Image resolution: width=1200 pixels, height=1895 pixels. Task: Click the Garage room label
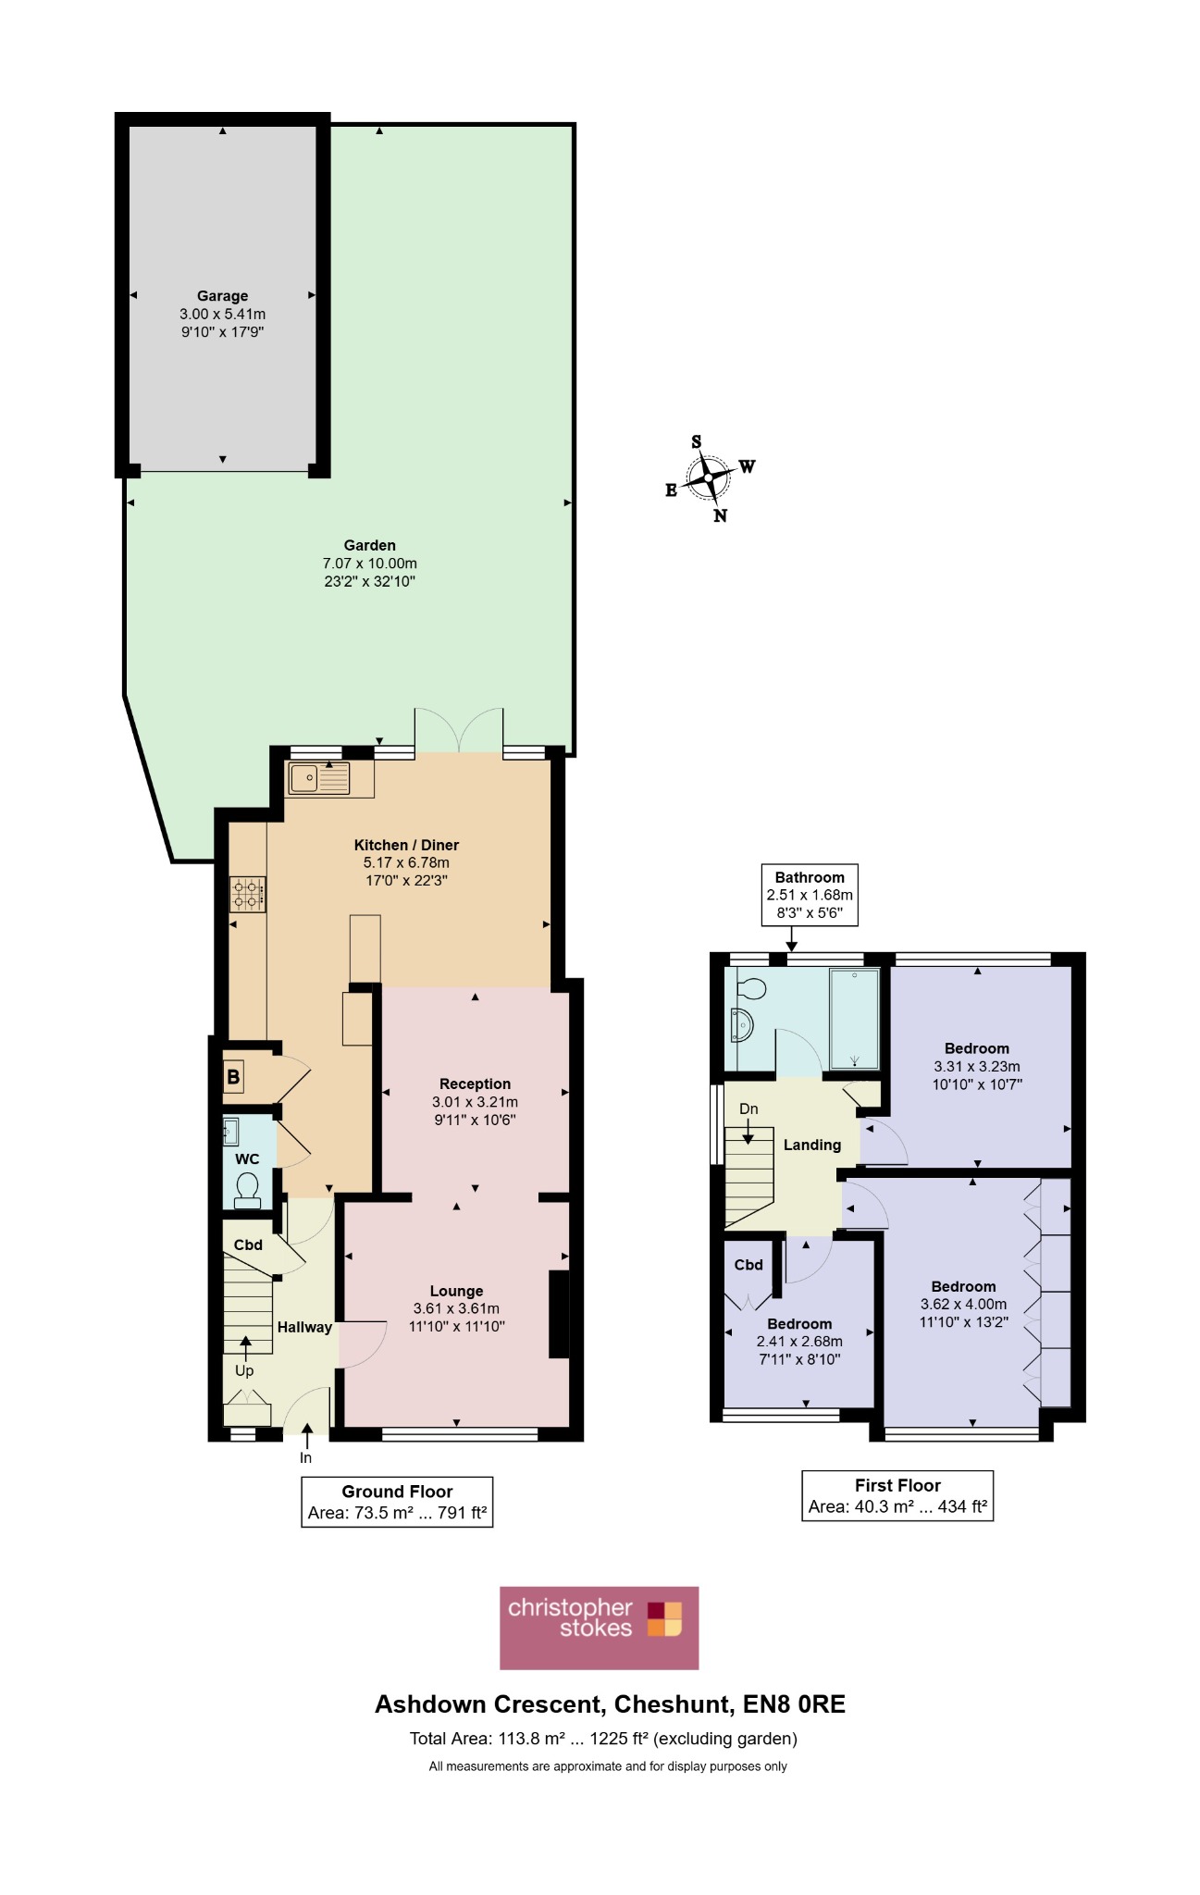click(222, 296)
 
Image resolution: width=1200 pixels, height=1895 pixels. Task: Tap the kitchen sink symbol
click(319, 778)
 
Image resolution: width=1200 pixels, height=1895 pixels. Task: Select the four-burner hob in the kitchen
click(248, 894)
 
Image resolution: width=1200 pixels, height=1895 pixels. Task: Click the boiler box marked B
click(233, 1076)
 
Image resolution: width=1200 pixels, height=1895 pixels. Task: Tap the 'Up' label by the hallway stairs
click(244, 1370)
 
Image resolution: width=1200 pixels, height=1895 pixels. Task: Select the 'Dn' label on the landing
click(748, 1109)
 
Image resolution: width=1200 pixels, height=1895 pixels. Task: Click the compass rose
click(709, 477)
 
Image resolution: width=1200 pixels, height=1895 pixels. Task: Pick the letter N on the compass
click(720, 515)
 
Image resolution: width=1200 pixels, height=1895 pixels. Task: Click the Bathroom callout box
click(810, 895)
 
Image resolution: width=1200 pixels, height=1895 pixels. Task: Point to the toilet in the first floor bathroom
click(752, 989)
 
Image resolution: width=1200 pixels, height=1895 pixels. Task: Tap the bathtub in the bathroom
click(854, 1019)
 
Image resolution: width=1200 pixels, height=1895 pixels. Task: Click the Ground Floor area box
click(397, 1502)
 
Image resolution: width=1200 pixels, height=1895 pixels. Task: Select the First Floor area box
click(897, 1495)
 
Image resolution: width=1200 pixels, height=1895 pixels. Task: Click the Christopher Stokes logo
click(599, 1628)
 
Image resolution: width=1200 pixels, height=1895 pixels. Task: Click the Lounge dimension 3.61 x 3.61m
click(456, 1308)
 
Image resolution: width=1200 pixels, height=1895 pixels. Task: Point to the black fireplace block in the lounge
click(559, 1315)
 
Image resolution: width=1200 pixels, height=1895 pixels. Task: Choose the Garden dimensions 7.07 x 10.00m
click(370, 564)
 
